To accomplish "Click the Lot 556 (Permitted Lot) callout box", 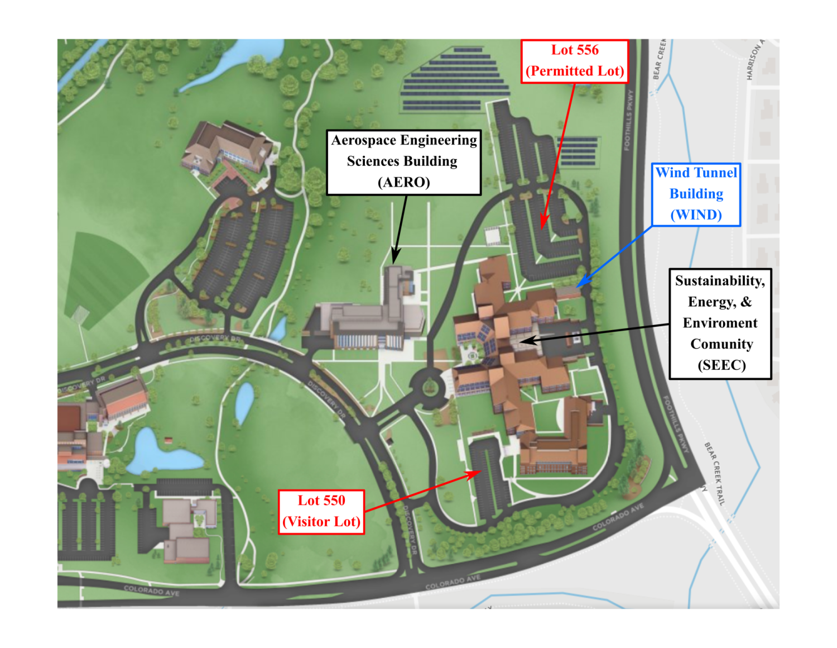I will tap(574, 61).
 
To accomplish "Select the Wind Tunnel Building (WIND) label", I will tap(696, 194).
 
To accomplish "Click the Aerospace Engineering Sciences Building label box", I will tap(403, 162).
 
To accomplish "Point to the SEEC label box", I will tap(720, 323).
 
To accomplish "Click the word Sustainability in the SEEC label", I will tap(719, 280).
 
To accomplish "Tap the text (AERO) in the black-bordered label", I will tap(403, 183).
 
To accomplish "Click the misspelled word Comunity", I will tap(721, 344).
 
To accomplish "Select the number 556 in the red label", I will tap(586, 50).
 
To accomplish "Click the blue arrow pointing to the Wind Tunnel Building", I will tap(614, 257).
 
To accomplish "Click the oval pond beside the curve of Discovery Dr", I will tap(244, 402).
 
